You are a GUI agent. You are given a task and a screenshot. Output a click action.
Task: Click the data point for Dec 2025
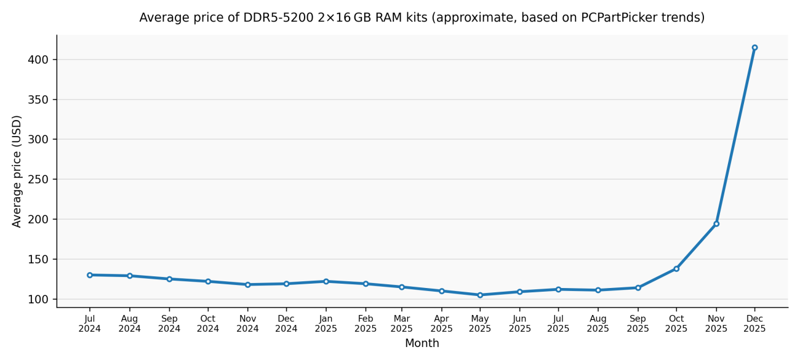(x=754, y=47)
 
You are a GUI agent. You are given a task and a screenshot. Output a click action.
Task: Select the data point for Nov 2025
(x=716, y=224)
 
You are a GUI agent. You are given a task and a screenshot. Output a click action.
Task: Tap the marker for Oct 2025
(x=676, y=269)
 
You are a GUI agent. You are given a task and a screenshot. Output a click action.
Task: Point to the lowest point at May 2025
(x=480, y=295)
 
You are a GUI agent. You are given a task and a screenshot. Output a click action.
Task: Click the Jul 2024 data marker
(x=90, y=275)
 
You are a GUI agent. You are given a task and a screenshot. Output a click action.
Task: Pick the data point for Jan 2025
(x=326, y=281)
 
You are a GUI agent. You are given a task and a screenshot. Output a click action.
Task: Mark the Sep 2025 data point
(x=638, y=288)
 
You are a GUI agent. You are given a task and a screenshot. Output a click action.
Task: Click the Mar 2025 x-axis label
(x=402, y=324)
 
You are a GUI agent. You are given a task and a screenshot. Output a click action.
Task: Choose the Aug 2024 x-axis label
(x=129, y=324)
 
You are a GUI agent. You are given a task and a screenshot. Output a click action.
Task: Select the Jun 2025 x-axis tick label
(x=519, y=324)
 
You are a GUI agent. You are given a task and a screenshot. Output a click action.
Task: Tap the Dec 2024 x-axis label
(x=286, y=324)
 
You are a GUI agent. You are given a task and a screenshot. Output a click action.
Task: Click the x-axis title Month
(x=422, y=343)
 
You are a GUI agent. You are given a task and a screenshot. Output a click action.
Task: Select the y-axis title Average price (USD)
(x=17, y=171)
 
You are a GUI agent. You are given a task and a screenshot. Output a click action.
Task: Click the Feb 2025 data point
(x=366, y=284)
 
